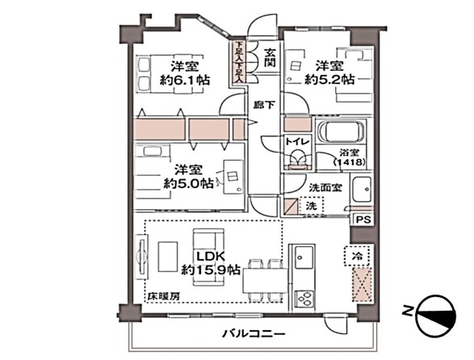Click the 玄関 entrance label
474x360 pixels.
[270, 57]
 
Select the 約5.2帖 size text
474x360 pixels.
[329, 80]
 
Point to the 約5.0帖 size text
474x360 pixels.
[188, 183]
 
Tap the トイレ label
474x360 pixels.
[296, 141]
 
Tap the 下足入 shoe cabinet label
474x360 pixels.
[239, 61]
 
